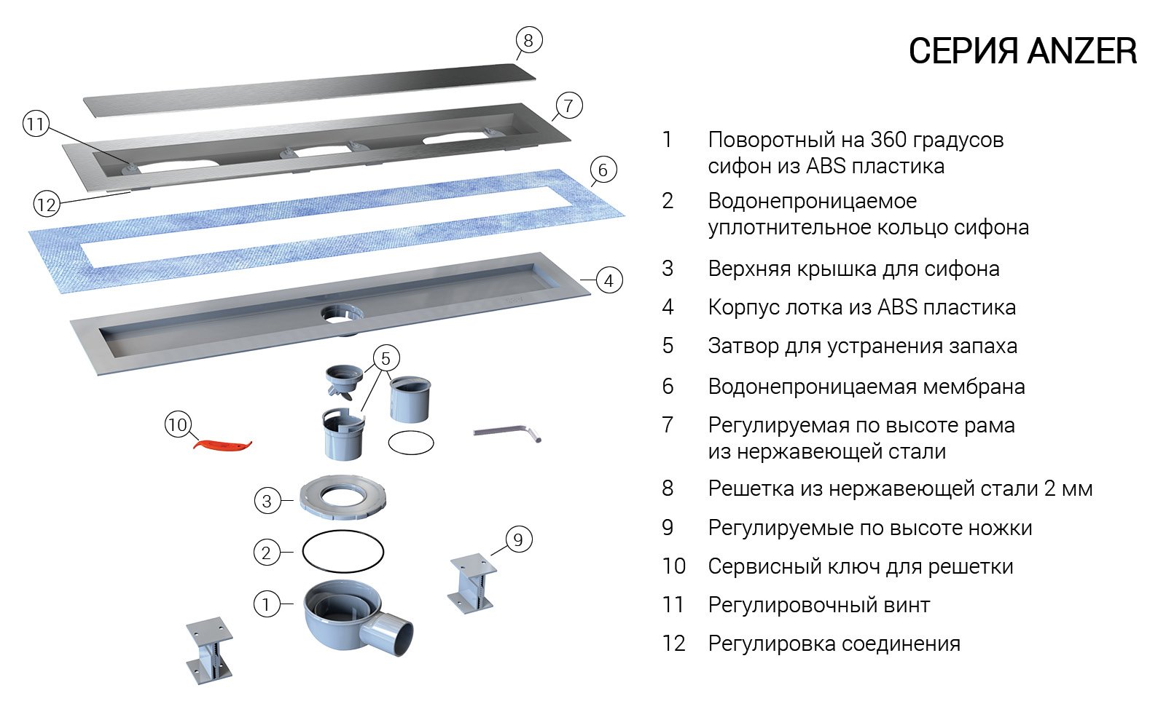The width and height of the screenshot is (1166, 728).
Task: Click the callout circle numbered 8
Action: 528,40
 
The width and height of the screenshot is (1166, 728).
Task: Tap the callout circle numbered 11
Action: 35,124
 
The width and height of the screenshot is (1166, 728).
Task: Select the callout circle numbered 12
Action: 46,205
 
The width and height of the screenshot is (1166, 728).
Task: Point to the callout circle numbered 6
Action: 602,170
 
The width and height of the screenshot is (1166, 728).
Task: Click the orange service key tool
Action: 222,444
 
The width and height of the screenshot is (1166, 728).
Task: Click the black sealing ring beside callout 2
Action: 343,553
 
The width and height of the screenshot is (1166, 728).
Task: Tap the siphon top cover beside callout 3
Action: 342,499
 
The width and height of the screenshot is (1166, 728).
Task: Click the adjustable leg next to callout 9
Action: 472,582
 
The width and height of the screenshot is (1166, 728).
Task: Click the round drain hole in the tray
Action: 339,314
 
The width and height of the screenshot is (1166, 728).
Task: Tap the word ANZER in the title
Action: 1081,52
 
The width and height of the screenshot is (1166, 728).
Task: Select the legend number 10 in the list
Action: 674,566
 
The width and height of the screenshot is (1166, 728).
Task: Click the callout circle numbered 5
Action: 386,358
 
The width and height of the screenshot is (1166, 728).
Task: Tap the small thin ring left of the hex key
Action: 411,442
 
